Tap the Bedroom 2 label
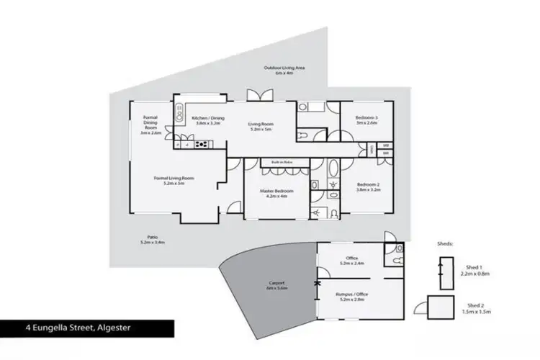coord(368,187)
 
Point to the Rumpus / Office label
coord(352,296)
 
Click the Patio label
coord(152,240)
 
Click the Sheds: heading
coord(445,244)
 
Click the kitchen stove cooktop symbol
coord(202,144)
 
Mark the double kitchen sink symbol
coord(178,113)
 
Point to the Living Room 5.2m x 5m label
coord(260,126)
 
